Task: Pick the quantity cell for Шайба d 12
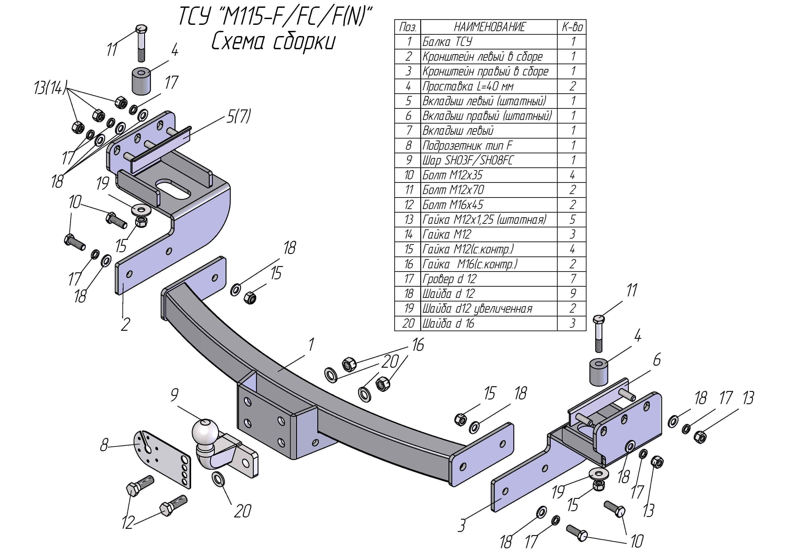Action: [x=572, y=293]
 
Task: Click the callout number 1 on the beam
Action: [x=311, y=344]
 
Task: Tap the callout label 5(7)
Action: [x=239, y=116]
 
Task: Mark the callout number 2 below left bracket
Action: [x=126, y=324]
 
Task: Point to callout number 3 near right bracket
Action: [x=462, y=525]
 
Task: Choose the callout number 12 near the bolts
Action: [x=128, y=522]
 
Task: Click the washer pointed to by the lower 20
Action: [x=218, y=479]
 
